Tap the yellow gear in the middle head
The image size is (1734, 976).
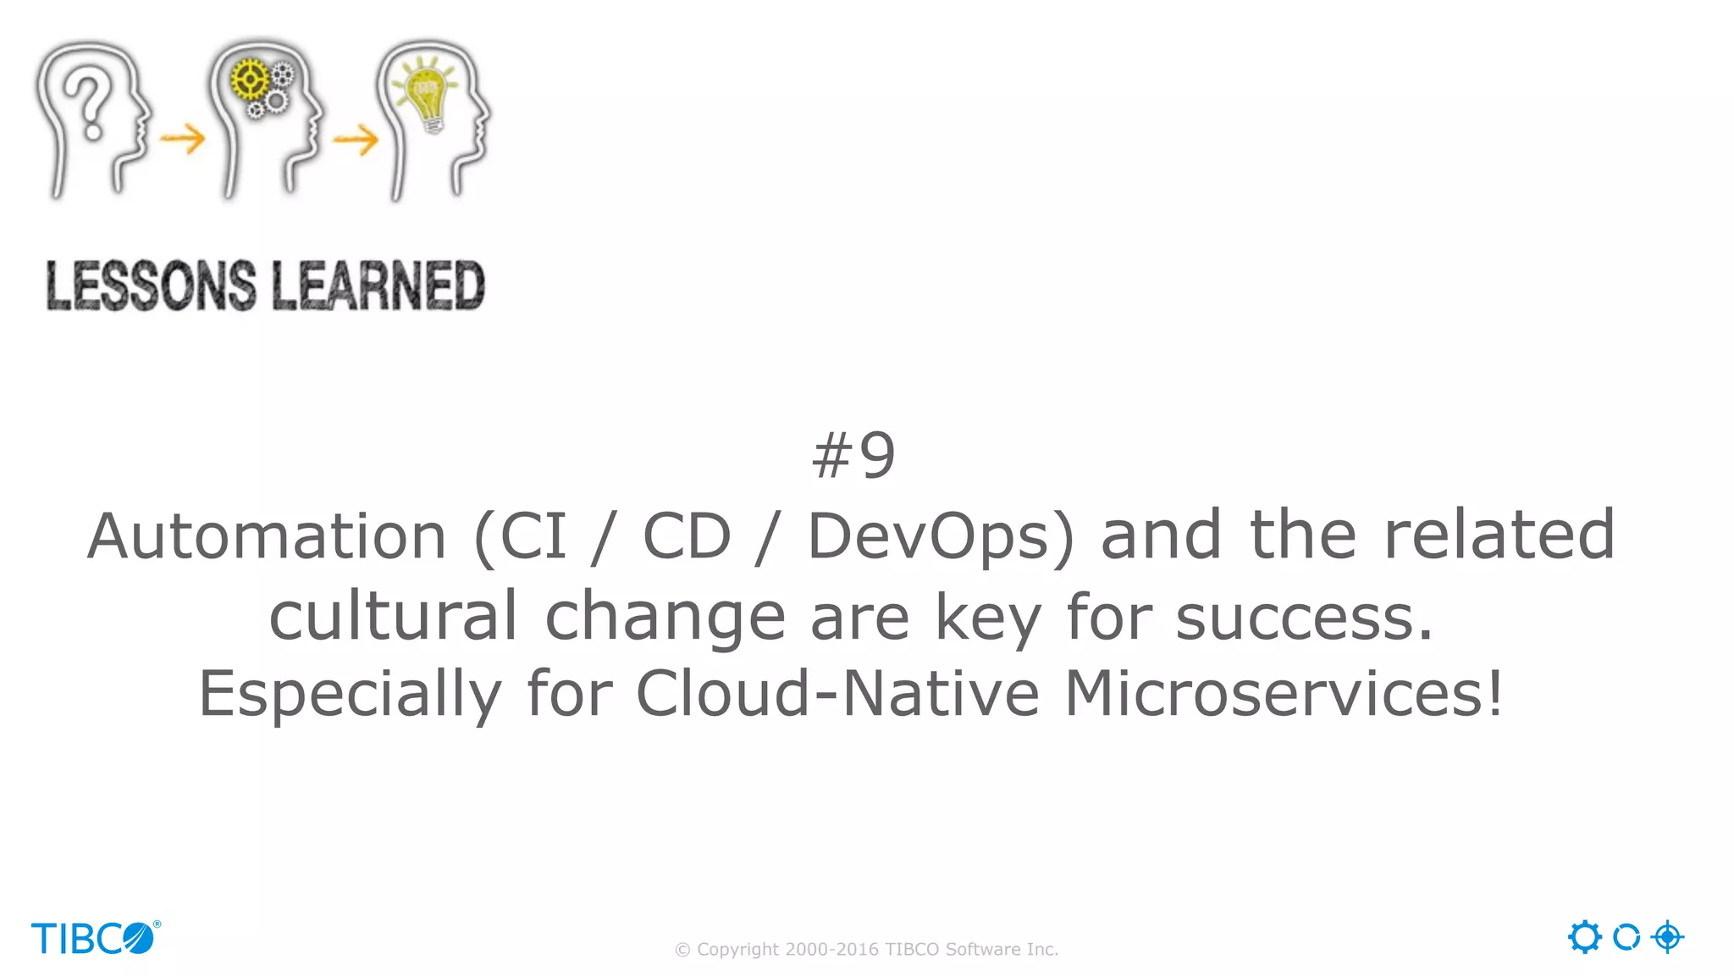pyautogui.click(x=249, y=80)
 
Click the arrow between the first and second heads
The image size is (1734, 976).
pyautogui.click(x=183, y=138)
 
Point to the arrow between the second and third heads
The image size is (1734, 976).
pyautogui.click(x=356, y=140)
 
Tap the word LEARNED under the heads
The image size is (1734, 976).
pyautogui.click(x=378, y=286)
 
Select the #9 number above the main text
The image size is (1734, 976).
pyautogui.click(x=853, y=456)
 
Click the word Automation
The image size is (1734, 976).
pyautogui.click(x=267, y=536)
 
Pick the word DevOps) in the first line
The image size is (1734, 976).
pyautogui.click(x=941, y=537)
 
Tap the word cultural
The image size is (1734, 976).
pyautogui.click(x=393, y=616)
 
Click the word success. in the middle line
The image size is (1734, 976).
pyautogui.click(x=1305, y=618)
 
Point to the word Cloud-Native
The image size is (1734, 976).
pyautogui.click(x=837, y=694)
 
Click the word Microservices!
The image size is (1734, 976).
pyautogui.click(x=1284, y=694)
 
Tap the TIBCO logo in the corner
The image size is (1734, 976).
pyautogui.click(x=95, y=938)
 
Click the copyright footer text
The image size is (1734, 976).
pyautogui.click(x=866, y=950)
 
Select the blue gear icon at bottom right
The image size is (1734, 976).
pyautogui.click(x=1584, y=937)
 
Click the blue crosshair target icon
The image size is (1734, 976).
pyautogui.click(x=1667, y=937)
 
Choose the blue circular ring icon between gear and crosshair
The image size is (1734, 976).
pyautogui.click(x=1626, y=937)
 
